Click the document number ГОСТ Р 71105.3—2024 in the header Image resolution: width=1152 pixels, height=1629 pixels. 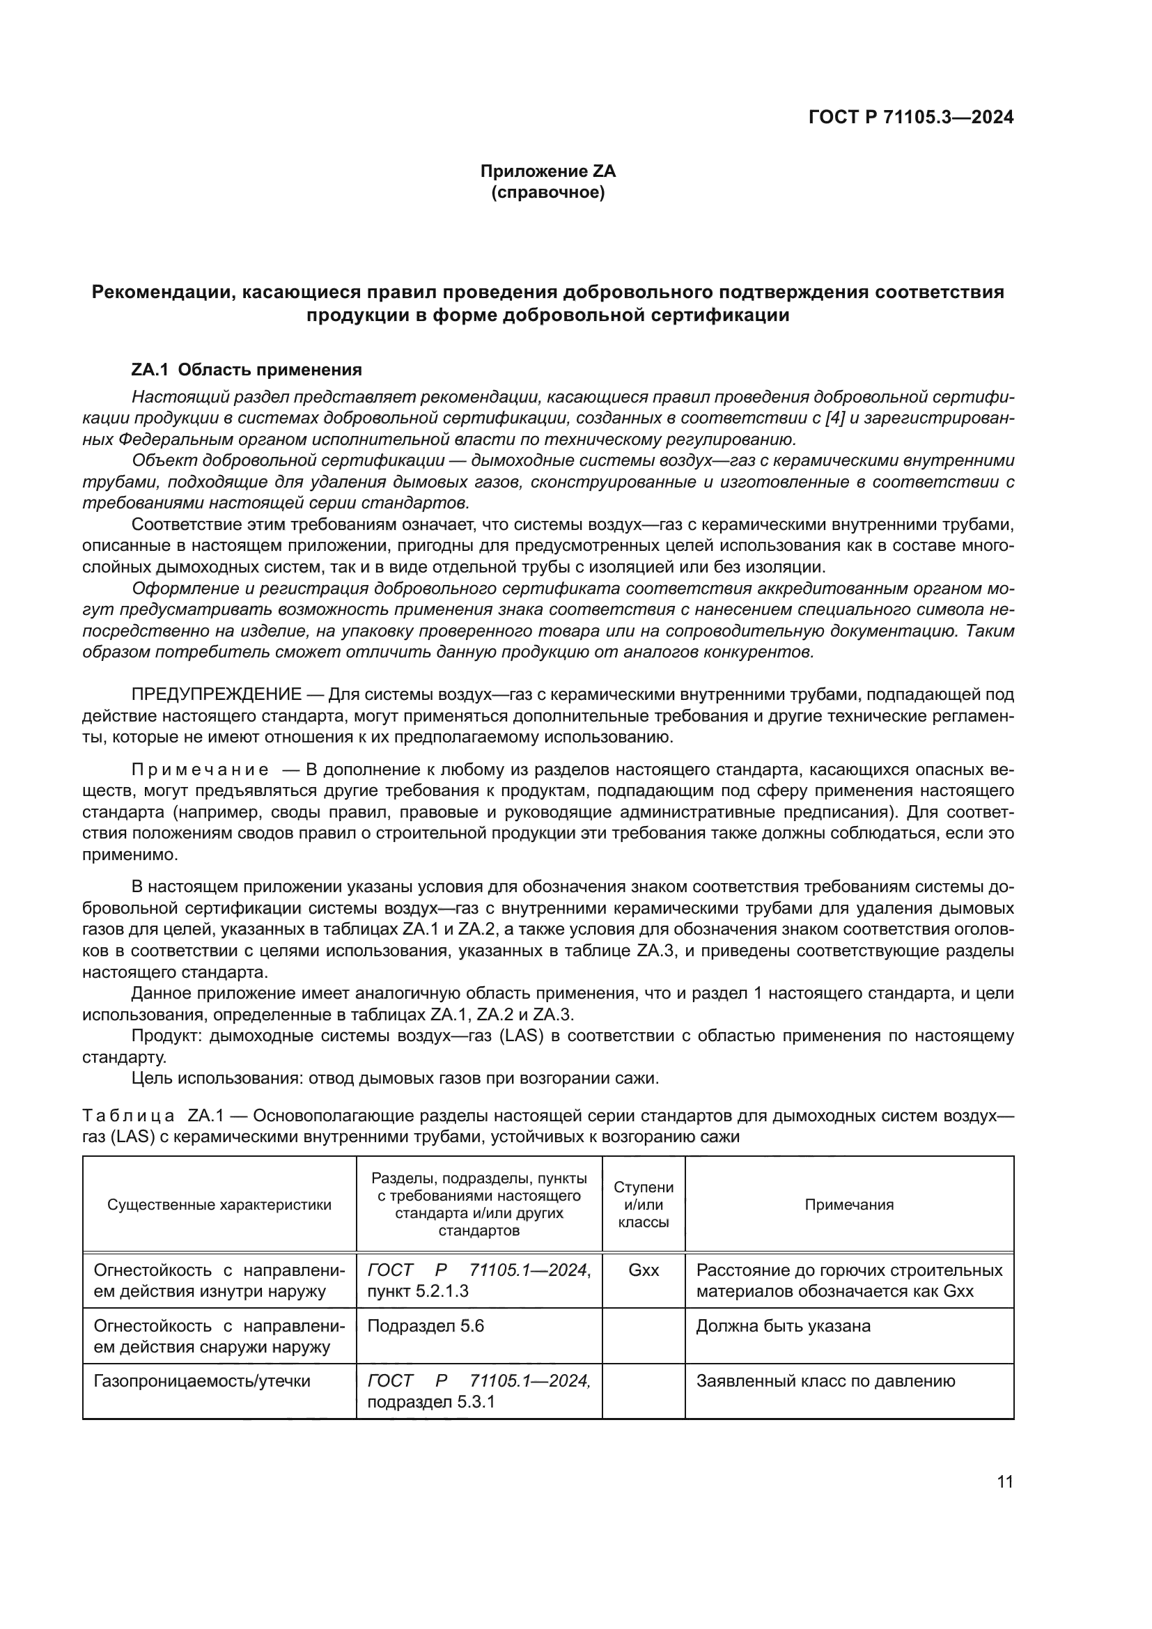[x=911, y=117]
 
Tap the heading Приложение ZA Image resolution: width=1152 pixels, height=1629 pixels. [x=547, y=171]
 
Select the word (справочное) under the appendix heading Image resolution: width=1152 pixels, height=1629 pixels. [x=547, y=192]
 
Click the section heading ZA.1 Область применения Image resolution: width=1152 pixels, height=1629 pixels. [x=246, y=370]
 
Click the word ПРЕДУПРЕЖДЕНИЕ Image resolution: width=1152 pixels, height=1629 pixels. [x=217, y=694]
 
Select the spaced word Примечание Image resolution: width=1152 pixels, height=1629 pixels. [x=200, y=770]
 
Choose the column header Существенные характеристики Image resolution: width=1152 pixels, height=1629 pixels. [x=219, y=1204]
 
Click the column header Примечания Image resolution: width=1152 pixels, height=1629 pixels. [x=848, y=1204]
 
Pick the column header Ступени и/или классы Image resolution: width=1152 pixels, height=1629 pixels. [x=644, y=1204]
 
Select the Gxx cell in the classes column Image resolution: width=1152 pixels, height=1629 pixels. [x=644, y=1270]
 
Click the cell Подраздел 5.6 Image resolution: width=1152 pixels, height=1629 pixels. [x=426, y=1326]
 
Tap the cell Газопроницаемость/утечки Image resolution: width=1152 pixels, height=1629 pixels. [x=202, y=1380]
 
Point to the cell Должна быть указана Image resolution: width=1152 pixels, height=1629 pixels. [x=783, y=1326]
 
